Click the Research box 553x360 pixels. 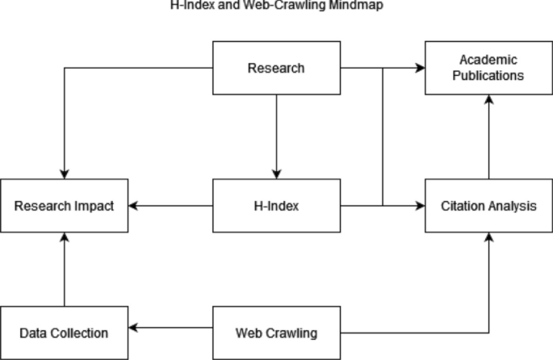[x=276, y=68]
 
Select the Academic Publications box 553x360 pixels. [x=488, y=68]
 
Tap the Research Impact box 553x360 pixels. [x=64, y=206]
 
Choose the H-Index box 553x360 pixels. [x=276, y=206]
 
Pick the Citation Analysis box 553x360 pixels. [x=488, y=206]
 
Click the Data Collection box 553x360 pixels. [x=64, y=332]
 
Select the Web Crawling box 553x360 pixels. [x=276, y=332]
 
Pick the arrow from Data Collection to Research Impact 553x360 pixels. [x=64, y=270]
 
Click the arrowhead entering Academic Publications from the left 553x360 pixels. [x=420, y=68]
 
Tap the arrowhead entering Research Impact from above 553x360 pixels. [x=64, y=174]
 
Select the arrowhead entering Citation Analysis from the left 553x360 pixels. [x=420, y=206]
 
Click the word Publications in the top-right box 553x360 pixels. [x=488, y=76]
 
